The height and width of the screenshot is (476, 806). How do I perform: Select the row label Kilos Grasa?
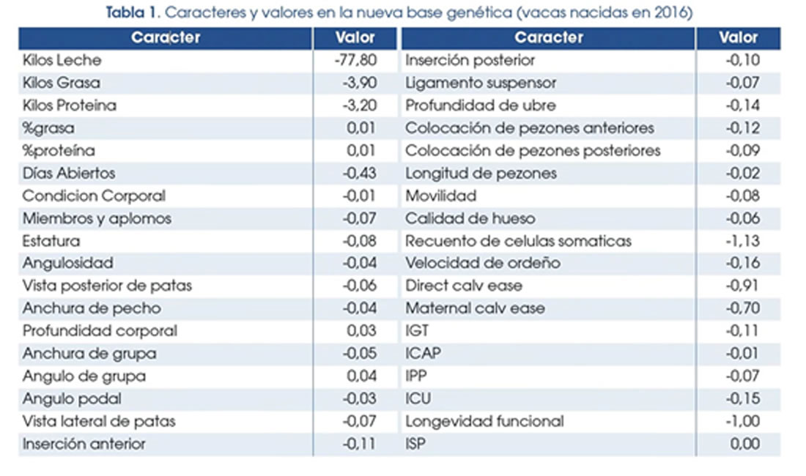point(62,83)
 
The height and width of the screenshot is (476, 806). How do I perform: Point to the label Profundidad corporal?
point(100,330)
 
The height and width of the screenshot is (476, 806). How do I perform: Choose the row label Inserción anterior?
point(84,444)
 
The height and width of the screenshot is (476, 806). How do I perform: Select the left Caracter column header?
point(166,37)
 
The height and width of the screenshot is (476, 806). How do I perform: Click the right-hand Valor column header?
point(738,37)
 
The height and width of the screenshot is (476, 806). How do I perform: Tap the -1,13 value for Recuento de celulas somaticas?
point(743,240)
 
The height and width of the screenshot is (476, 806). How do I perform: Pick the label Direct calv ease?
point(464,286)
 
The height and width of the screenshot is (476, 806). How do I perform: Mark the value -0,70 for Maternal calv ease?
point(742,308)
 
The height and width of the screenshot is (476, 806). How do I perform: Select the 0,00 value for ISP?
point(745,444)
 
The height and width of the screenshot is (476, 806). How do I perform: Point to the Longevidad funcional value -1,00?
point(742,421)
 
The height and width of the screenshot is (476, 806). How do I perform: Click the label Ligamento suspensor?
point(481,83)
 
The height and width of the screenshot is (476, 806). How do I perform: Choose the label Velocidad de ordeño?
point(483,263)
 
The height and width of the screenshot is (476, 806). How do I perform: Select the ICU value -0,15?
point(742,398)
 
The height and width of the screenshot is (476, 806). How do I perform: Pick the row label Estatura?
point(51,240)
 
